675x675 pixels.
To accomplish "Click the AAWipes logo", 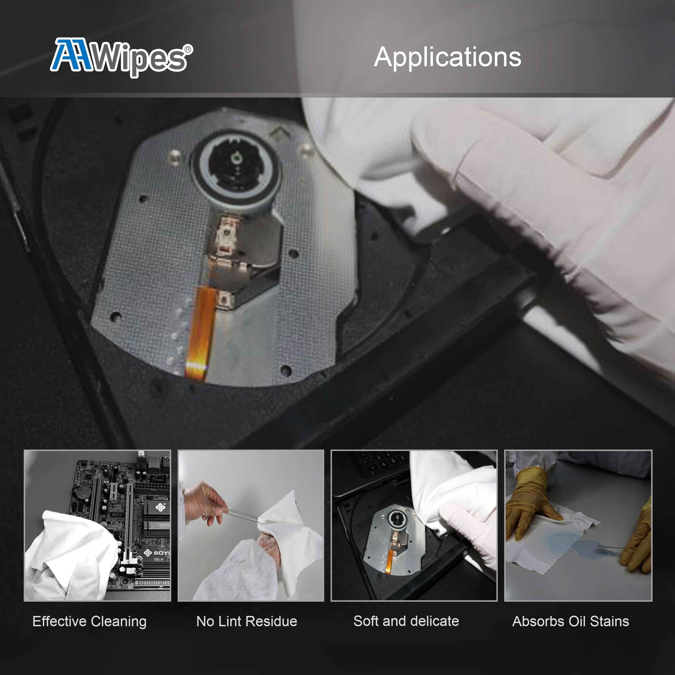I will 119,58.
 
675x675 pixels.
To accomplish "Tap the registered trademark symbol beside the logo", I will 188,50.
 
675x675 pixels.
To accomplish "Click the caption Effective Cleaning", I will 89,621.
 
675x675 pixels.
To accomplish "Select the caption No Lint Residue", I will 247,621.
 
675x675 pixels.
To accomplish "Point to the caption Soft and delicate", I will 406,621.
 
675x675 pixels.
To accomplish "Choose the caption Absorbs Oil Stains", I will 571,621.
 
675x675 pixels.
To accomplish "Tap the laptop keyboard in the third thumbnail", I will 381,461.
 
